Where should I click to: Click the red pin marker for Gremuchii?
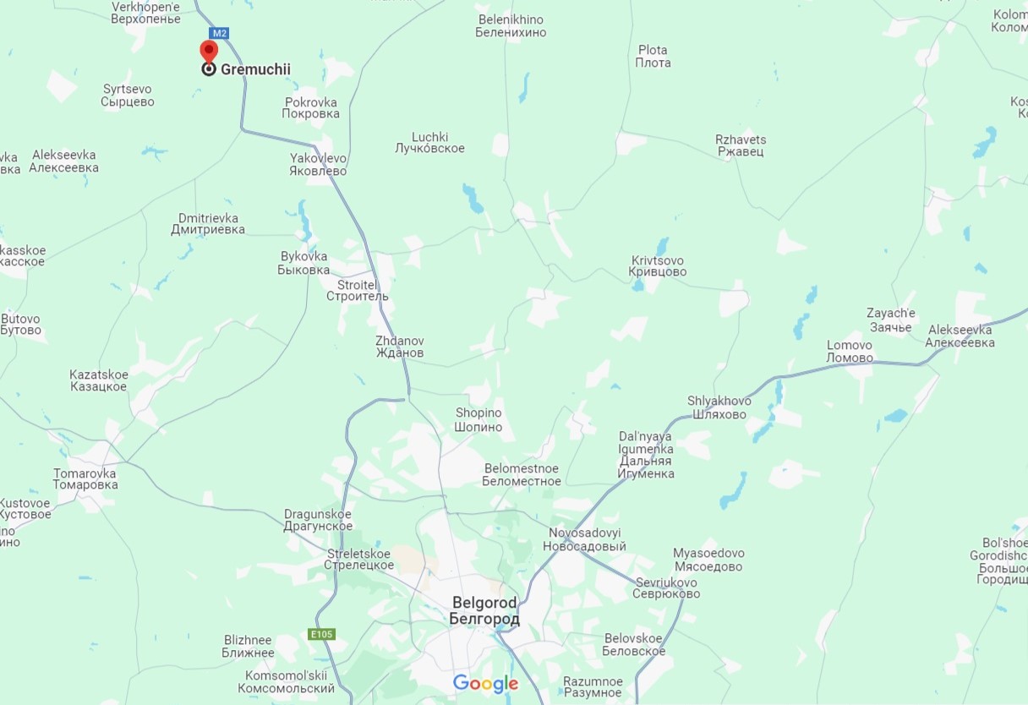pos(208,52)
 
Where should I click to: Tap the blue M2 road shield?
pos(219,34)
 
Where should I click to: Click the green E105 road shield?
pos(321,634)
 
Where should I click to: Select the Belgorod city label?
pos(485,611)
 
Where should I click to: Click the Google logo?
pos(485,683)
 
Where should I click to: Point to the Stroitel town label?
pos(358,291)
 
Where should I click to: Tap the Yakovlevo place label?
pos(318,165)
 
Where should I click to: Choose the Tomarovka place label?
pos(85,479)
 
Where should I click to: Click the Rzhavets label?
pos(741,145)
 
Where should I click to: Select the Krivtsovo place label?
pos(657,266)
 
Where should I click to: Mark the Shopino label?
pos(478,420)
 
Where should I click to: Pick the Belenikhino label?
pos(511,26)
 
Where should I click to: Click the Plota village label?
pos(653,57)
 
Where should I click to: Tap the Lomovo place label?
pos(850,352)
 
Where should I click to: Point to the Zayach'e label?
pos(890,320)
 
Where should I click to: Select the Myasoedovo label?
pos(708,560)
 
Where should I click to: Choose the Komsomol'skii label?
pos(286,682)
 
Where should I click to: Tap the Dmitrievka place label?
pos(208,224)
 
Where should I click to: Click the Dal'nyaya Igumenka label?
pos(646,455)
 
